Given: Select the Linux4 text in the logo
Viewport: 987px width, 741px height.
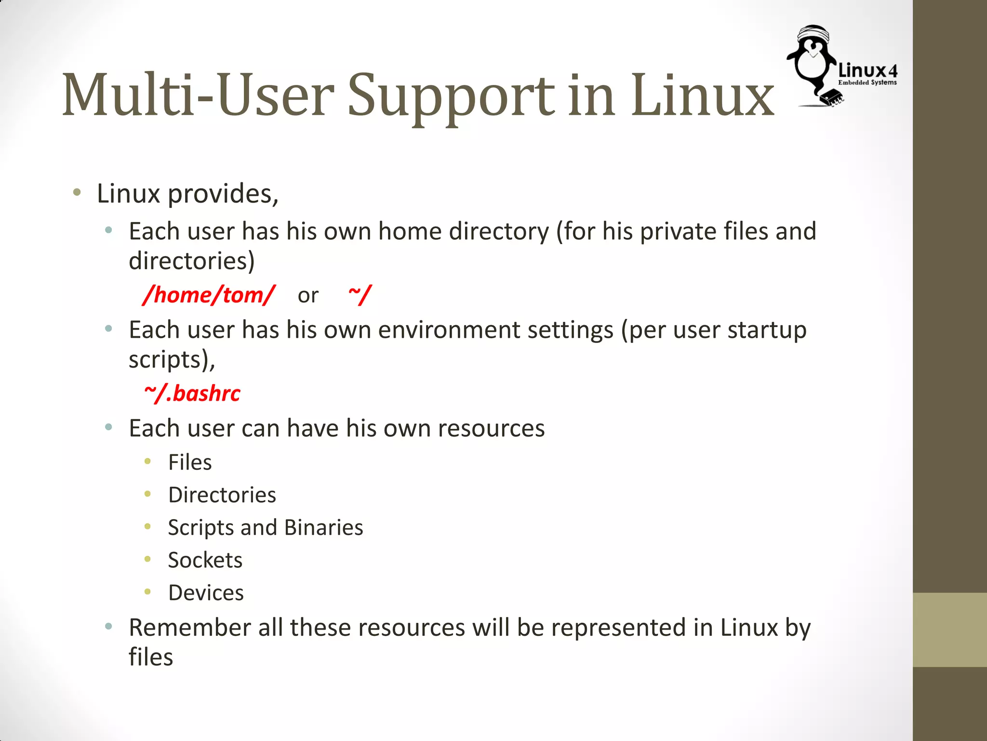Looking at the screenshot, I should tap(867, 71).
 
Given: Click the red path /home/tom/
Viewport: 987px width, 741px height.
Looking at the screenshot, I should tap(209, 295).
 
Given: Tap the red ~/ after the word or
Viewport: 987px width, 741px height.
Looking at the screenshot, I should tap(360, 295).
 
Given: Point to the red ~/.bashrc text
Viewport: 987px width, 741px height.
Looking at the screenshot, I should tap(192, 394).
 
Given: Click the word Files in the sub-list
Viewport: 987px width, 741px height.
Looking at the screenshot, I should tap(190, 462).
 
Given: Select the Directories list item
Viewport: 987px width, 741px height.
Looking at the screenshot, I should tap(222, 495).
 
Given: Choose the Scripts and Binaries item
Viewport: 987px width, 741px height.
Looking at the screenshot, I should tap(266, 527).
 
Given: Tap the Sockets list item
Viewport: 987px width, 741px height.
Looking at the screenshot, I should tap(205, 560).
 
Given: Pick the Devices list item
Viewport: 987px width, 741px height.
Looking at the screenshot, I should tap(206, 593).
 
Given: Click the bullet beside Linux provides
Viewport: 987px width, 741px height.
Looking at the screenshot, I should tap(77, 193).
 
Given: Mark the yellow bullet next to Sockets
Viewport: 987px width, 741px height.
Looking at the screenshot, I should tap(148, 560).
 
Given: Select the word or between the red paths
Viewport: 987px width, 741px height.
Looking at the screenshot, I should tap(308, 296).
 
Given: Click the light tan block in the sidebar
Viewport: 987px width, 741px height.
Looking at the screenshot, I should tap(949, 630).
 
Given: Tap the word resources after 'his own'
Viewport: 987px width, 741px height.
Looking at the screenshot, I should tap(491, 428).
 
